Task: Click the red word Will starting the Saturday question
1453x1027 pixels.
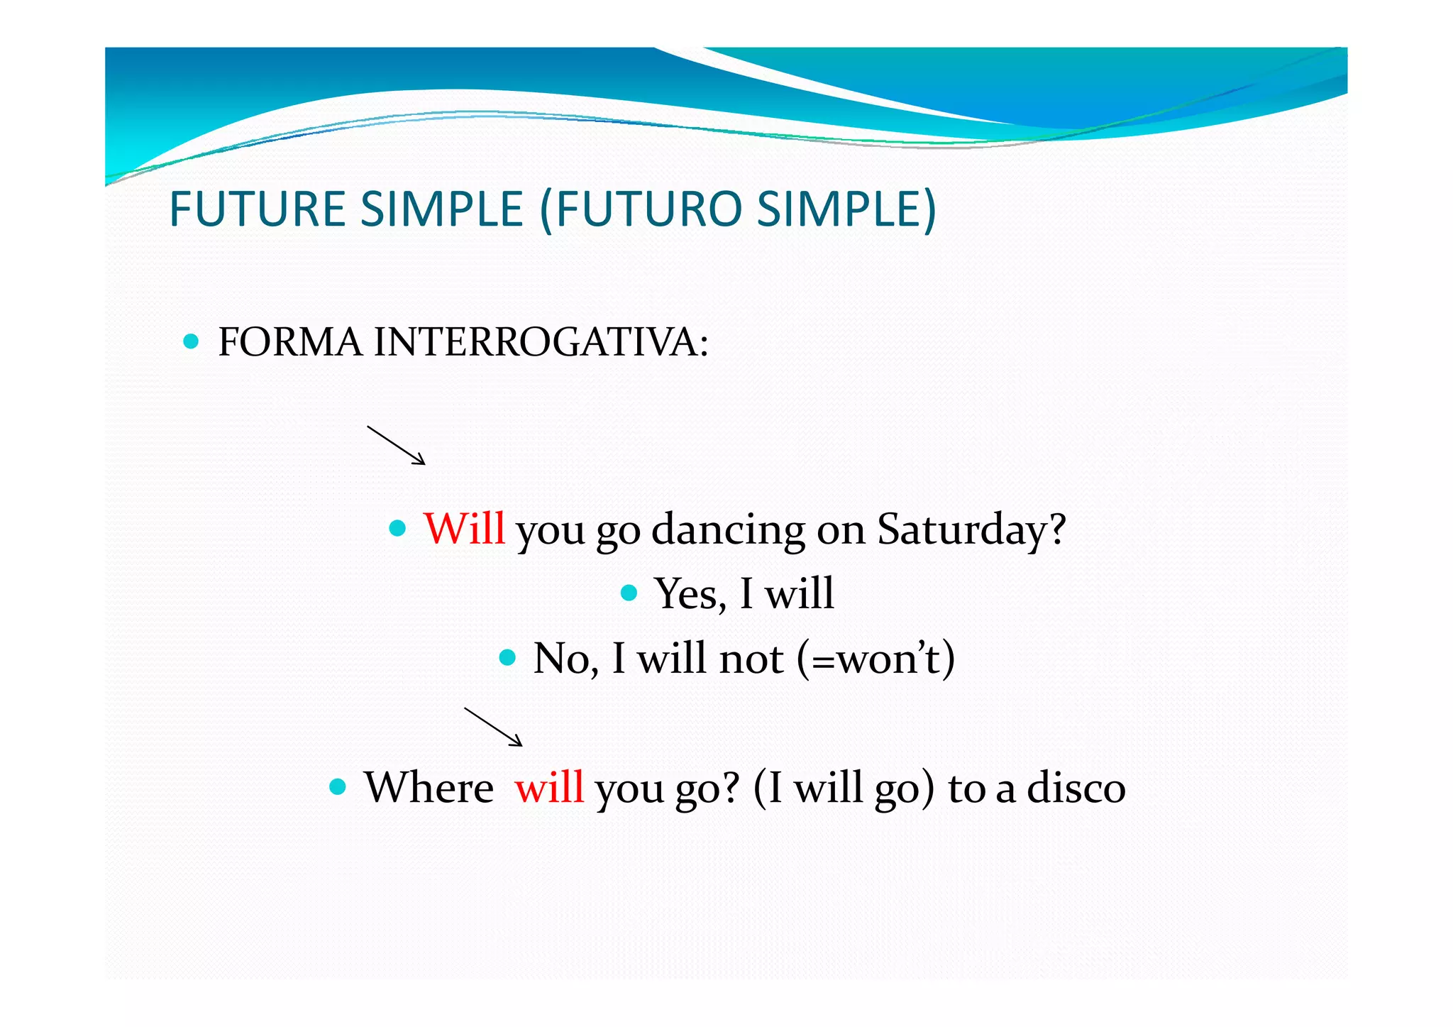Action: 464,529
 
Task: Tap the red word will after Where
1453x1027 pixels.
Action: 549,787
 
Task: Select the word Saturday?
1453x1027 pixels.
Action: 971,529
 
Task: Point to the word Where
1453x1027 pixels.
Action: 429,787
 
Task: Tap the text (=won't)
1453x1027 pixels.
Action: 875,658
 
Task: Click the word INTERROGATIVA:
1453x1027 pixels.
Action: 541,342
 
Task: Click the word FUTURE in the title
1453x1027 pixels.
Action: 257,209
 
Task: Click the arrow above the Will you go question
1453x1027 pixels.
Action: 396,445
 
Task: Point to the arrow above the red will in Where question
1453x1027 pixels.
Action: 493,726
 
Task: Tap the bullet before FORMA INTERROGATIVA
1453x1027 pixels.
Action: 190,341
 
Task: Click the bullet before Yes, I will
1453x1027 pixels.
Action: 629,593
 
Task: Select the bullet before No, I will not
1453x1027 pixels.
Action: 507,657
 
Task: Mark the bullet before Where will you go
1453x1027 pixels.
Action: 338,786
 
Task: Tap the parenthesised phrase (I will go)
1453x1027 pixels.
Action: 844,788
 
